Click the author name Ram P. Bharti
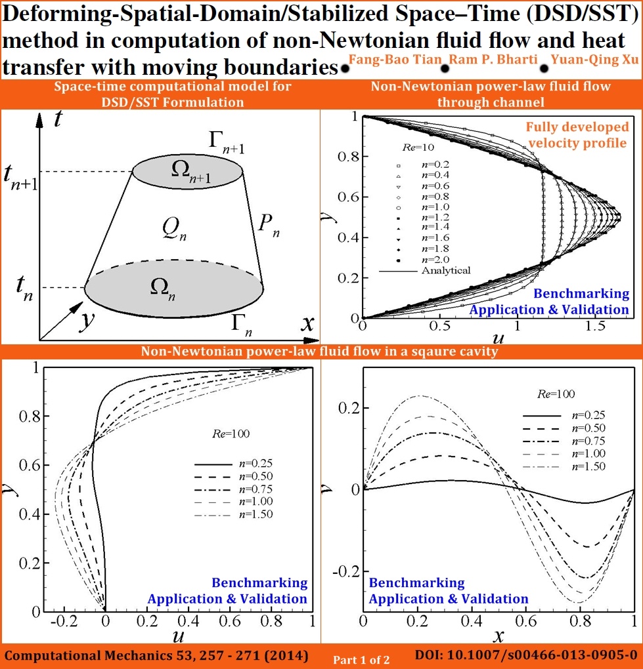click(x=493, y=59)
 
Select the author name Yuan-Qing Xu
click(x=594, y=59)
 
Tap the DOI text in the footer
click(x=526, y=655)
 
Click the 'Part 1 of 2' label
click(x=361, y=660)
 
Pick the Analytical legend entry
click(x=425, y=270)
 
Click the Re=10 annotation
click(x=418, y=148)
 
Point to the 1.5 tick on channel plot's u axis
click(x=595, y=327)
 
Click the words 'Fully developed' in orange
click(x=577, y=127)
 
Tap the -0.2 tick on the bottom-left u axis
click(x=64, y=620)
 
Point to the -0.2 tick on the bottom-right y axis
click(x=347, y=571)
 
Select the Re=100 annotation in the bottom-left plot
click(x=231, y=434)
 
